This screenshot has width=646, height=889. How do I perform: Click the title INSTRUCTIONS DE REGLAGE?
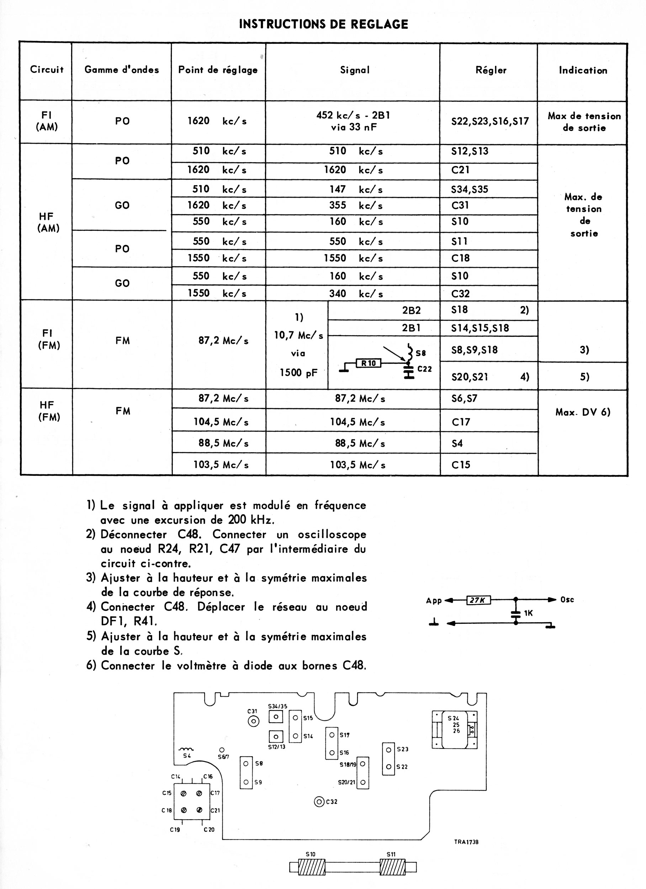(324, 24)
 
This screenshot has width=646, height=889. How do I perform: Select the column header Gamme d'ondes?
(122, 70)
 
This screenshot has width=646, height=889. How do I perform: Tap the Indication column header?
(583, 70)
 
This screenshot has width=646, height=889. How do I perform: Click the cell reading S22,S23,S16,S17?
(490, 121)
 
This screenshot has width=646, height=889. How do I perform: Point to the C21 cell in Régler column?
(460, 170)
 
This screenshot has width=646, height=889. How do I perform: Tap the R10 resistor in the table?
(368, 363)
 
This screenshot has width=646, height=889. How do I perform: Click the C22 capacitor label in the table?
(424, 368)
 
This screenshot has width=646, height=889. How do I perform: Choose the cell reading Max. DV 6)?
(583, 412)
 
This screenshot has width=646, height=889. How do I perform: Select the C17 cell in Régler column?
(461, 422)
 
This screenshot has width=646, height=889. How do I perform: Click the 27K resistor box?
(478, 600)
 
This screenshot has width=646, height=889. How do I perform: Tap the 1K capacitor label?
(528, 613)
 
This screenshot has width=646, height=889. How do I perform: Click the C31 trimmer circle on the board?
(253, 721)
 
